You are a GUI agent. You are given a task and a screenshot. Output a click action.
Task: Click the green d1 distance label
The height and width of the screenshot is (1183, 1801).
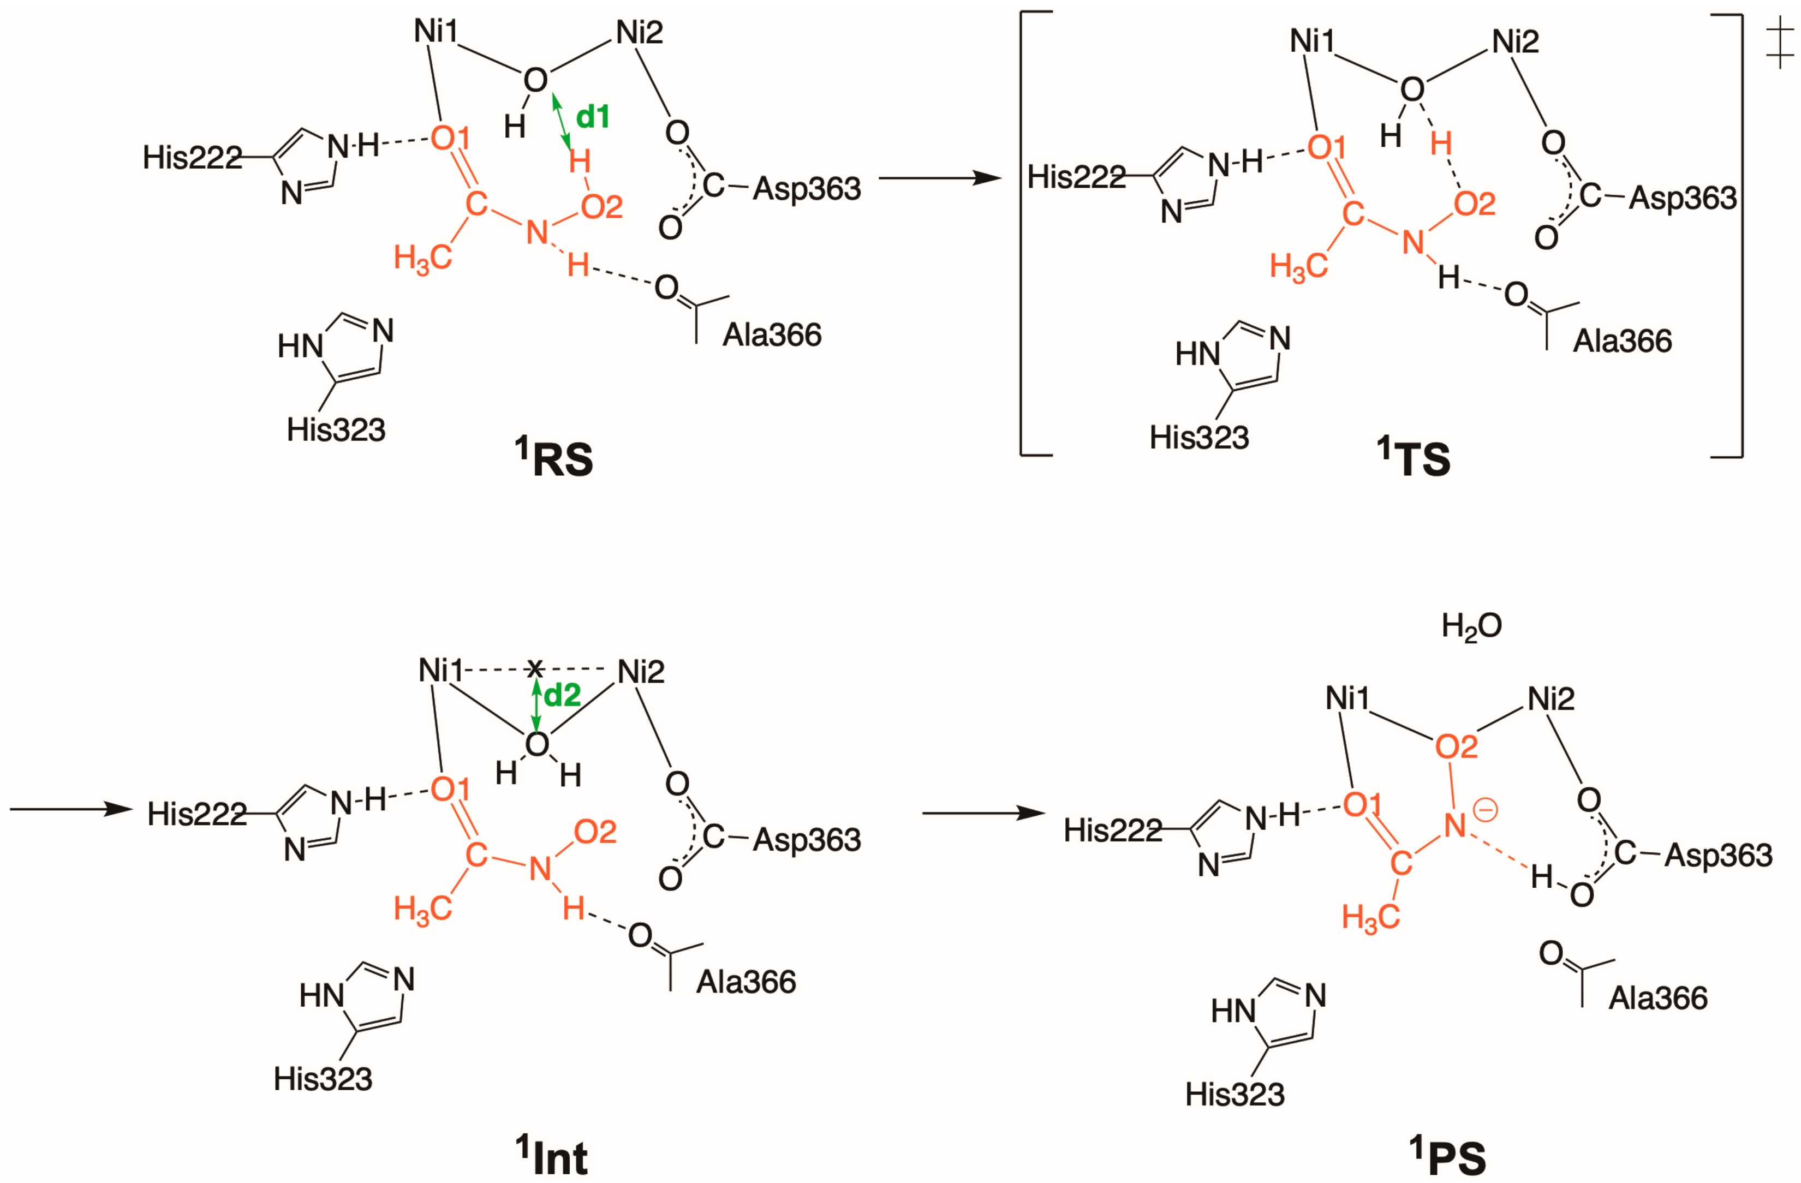593,117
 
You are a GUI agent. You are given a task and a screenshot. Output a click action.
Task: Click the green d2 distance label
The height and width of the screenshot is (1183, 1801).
562,695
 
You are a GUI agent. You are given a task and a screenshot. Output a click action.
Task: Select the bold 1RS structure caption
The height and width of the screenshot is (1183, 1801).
554,458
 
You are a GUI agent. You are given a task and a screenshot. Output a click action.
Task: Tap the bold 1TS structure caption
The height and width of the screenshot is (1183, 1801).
1413,458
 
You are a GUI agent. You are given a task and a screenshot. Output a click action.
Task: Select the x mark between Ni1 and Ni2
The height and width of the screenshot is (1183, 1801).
535,668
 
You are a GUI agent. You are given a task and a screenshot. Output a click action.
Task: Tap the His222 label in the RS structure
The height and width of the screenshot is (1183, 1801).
192,157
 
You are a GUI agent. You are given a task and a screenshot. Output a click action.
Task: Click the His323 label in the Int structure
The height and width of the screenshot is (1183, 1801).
323,1079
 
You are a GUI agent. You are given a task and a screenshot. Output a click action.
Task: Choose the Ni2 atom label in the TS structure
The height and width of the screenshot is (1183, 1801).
1515,41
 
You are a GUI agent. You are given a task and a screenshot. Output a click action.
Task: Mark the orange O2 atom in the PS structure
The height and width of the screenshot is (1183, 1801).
1456,748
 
